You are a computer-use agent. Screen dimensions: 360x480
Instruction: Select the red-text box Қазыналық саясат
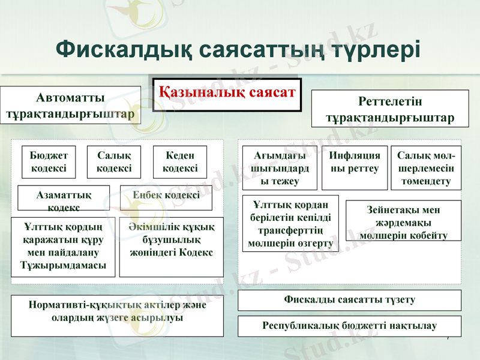point(227,93)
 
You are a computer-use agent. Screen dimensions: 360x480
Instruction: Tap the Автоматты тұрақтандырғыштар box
point(70,105)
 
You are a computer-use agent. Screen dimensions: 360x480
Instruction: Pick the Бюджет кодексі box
point(49,161)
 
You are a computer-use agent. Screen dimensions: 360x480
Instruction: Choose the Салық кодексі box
point(114,161)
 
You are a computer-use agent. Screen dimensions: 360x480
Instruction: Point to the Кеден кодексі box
point(180,161)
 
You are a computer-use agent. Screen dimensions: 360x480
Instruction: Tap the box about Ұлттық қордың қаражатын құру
point(64,246)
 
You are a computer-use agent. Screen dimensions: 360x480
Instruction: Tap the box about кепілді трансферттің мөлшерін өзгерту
point(290,223)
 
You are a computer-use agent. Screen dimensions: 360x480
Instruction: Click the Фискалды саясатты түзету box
point(350,300)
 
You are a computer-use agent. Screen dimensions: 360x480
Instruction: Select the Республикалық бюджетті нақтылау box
point(350,326)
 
